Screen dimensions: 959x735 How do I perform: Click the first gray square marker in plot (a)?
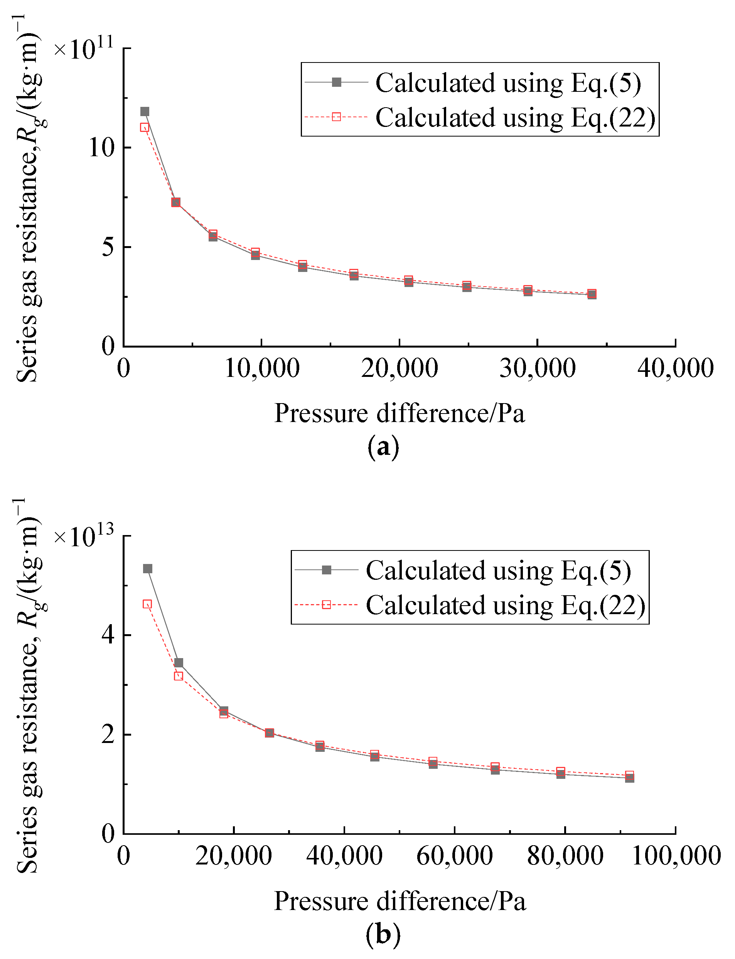tap(145, 111)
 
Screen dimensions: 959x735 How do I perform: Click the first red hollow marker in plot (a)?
tap(145, 127)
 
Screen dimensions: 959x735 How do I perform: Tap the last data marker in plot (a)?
tap(592, 294)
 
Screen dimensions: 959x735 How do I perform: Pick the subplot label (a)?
tap(383, 447)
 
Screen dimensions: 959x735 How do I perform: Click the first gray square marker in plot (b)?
tap(148, 569)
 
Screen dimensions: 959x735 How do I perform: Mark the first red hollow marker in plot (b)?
tap(147, 604)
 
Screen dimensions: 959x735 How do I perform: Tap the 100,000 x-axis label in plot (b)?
tap(676, 856)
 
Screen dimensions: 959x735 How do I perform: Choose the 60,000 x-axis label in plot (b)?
tap(455, 856)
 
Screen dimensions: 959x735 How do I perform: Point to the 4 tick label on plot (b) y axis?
tap(108, 635)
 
